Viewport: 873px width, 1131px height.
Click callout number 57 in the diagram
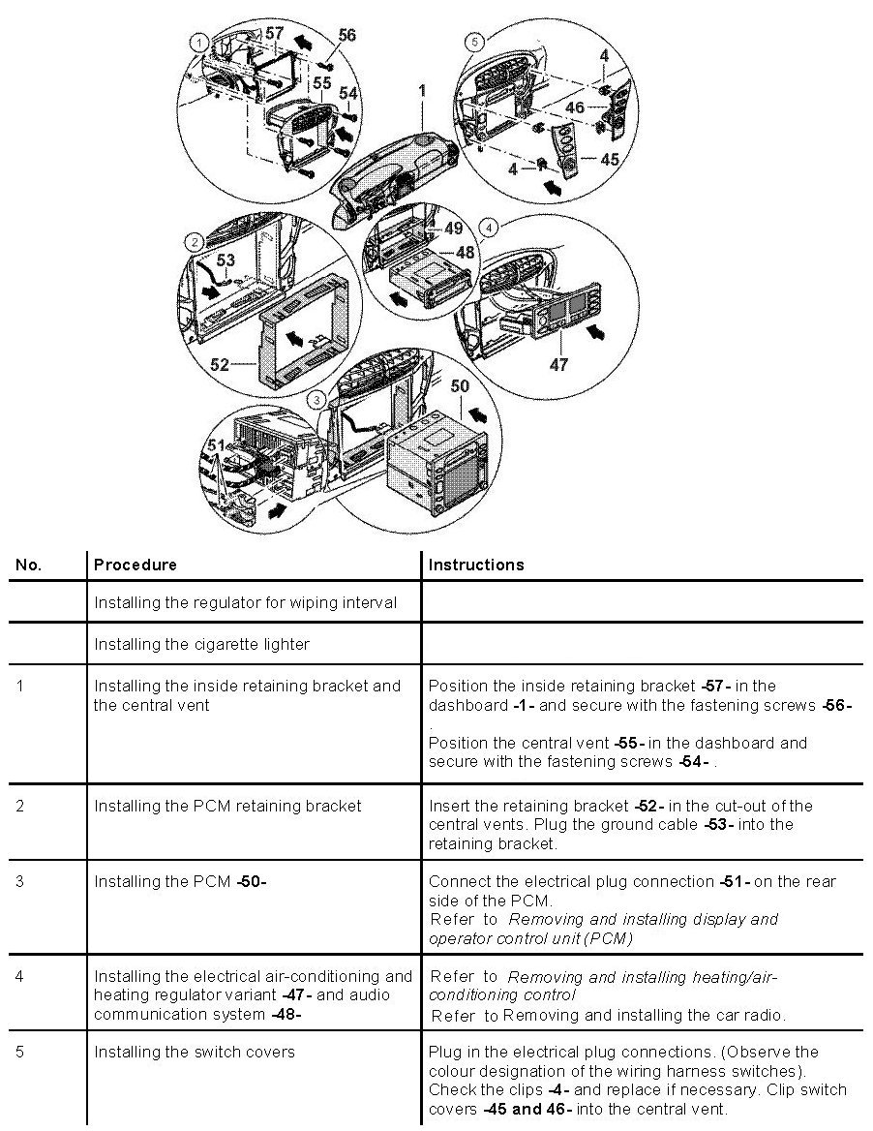(x=274, y=33)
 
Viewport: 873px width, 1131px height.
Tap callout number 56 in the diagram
(x=346, y=35)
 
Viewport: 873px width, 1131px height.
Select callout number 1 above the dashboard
(x=422, y=90)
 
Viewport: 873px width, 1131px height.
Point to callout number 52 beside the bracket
(x=220, y=365)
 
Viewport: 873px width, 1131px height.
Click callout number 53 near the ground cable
(x=225, y=260)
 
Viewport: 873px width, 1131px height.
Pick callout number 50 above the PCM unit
(x=460, y=385)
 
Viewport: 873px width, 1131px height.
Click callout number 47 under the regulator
(x=558, y=365)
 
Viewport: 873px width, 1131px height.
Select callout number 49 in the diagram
(x=453, y=229)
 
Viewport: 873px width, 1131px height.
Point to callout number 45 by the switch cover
(x=610, y=159)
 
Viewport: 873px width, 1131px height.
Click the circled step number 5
(x=472, y=42)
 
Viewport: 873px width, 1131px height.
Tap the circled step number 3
(x=315, y=399)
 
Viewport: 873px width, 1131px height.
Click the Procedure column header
(x=135, y=565)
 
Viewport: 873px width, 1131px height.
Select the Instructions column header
(x=476, y=565)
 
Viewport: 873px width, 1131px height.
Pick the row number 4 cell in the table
(x=21, y=976)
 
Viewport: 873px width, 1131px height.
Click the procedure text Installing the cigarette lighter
(x=201, y=644)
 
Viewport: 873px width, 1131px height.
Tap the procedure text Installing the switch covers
(x=194, y=1052)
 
